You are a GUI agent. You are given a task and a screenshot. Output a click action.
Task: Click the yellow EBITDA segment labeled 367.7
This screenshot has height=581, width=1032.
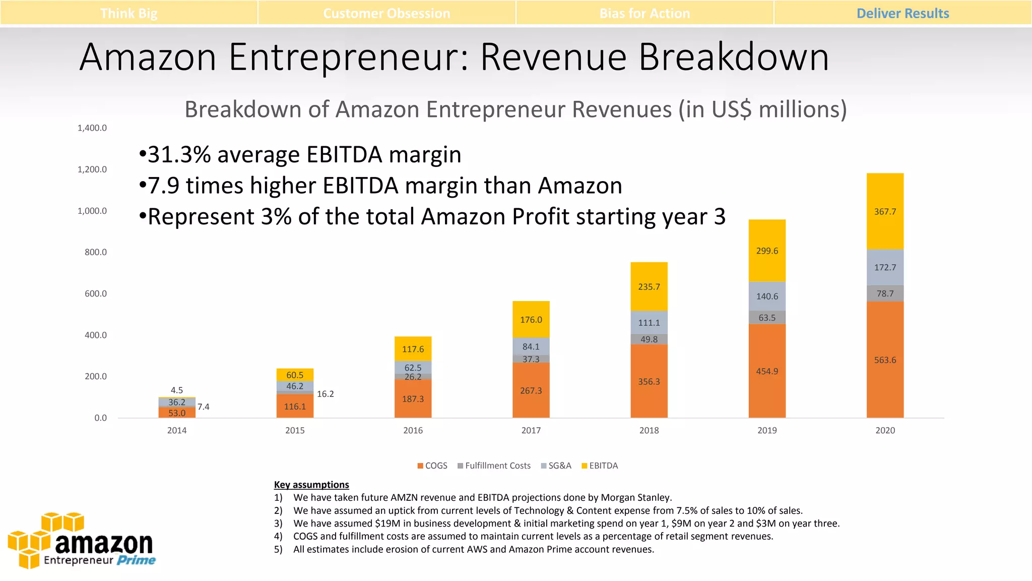point(885,212)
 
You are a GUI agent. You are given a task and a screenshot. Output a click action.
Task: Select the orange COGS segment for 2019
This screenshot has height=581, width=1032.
point(767,371)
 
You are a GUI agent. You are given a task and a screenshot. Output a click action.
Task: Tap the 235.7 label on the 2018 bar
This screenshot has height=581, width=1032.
point(649,287)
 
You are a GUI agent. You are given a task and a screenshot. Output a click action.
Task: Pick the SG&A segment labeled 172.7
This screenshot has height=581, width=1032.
point(885,267)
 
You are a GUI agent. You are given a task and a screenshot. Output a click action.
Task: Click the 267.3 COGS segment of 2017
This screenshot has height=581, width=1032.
point(531,390)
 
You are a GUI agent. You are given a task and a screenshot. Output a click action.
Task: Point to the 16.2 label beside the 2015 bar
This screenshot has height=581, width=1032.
point(325,394)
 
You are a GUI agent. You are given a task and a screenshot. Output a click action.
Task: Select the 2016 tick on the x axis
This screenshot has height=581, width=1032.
point(413,430)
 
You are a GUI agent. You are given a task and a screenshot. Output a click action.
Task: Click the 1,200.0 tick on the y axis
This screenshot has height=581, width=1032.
point(92,169)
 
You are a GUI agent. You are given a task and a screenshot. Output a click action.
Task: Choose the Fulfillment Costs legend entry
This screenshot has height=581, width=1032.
point(494,466)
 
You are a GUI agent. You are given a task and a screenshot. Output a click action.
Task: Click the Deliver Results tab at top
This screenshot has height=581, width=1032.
point(902,13)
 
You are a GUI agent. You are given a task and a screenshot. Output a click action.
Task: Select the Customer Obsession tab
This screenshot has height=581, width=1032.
point(386,13)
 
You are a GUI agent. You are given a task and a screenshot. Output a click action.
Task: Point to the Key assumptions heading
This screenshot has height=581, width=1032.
point(311,485)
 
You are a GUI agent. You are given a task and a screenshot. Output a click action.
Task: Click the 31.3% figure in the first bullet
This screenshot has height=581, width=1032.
point(179,154)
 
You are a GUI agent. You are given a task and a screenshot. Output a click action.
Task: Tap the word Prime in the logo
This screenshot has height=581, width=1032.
point(136,560)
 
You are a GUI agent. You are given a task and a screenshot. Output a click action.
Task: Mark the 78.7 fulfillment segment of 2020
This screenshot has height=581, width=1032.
point(885,294)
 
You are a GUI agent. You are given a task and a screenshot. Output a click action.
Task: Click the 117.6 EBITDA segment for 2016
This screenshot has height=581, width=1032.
point(413,349)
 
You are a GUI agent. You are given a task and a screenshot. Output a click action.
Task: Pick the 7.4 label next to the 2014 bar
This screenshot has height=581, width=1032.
point(203,406)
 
